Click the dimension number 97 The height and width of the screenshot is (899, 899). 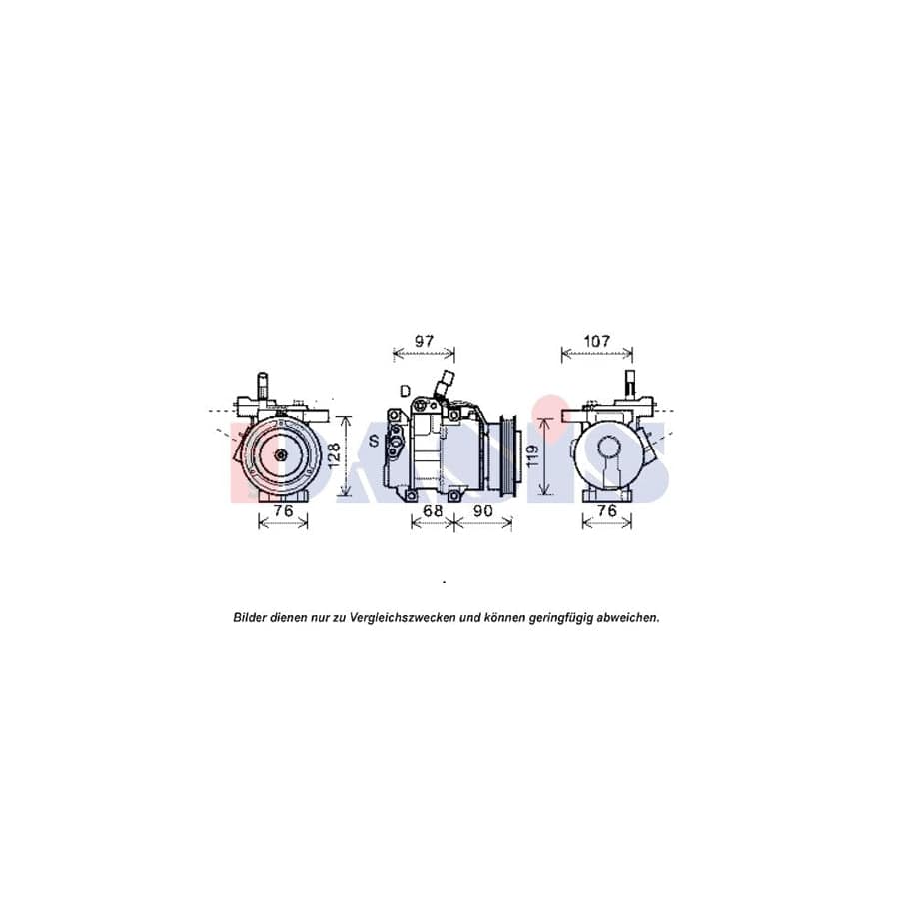[424, 341]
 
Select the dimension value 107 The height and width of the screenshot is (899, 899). [596, 341]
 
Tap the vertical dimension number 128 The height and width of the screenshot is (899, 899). [335, 455]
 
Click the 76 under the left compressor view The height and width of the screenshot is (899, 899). [283, 512]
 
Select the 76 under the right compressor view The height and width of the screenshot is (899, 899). [607, 512]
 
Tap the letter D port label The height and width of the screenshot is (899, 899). [405, 390]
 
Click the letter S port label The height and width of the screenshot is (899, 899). [373, 441]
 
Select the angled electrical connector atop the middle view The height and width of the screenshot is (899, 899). [444, 385]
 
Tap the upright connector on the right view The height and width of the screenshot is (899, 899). [630, 384]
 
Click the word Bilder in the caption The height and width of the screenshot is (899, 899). [250, 618]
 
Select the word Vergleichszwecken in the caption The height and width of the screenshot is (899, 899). [404, 618]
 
